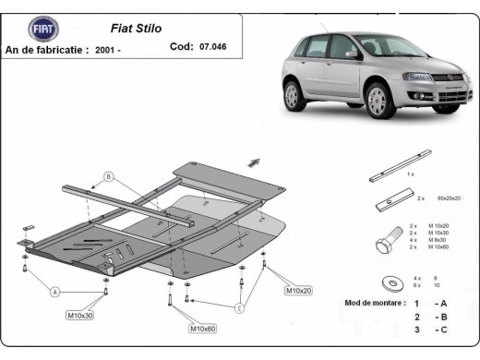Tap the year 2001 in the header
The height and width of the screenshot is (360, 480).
[106, 50]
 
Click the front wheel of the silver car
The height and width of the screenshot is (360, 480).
[379, 100]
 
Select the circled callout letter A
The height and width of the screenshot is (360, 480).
[54, 292]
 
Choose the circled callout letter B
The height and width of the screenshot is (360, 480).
[108, 175]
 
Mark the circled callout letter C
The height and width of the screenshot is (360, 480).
[239, 307]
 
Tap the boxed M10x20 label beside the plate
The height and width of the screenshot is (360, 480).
[297, 291]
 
